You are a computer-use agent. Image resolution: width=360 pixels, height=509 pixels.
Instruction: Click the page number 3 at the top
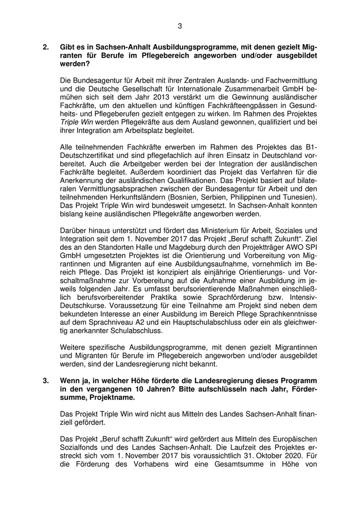point(180,26)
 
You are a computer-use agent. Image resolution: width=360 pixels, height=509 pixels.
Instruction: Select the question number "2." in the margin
point(46,46)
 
